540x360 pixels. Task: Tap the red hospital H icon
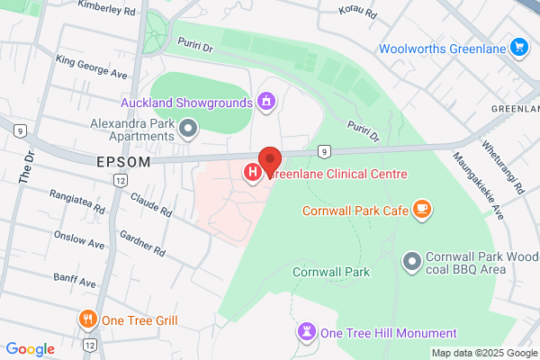coord(254,170)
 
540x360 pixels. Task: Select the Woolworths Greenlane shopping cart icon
coord(518,47)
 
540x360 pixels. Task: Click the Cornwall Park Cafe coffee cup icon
coord(422,211)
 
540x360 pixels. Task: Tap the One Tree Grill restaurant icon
coord(87,319)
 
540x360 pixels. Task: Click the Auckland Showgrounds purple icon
coord(265,103)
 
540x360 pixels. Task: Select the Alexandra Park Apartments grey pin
coord(187,130)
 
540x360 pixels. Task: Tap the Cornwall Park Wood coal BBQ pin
coord(412,261)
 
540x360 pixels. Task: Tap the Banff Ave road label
coord(75,281)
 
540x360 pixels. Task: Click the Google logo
coord(31,348)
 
